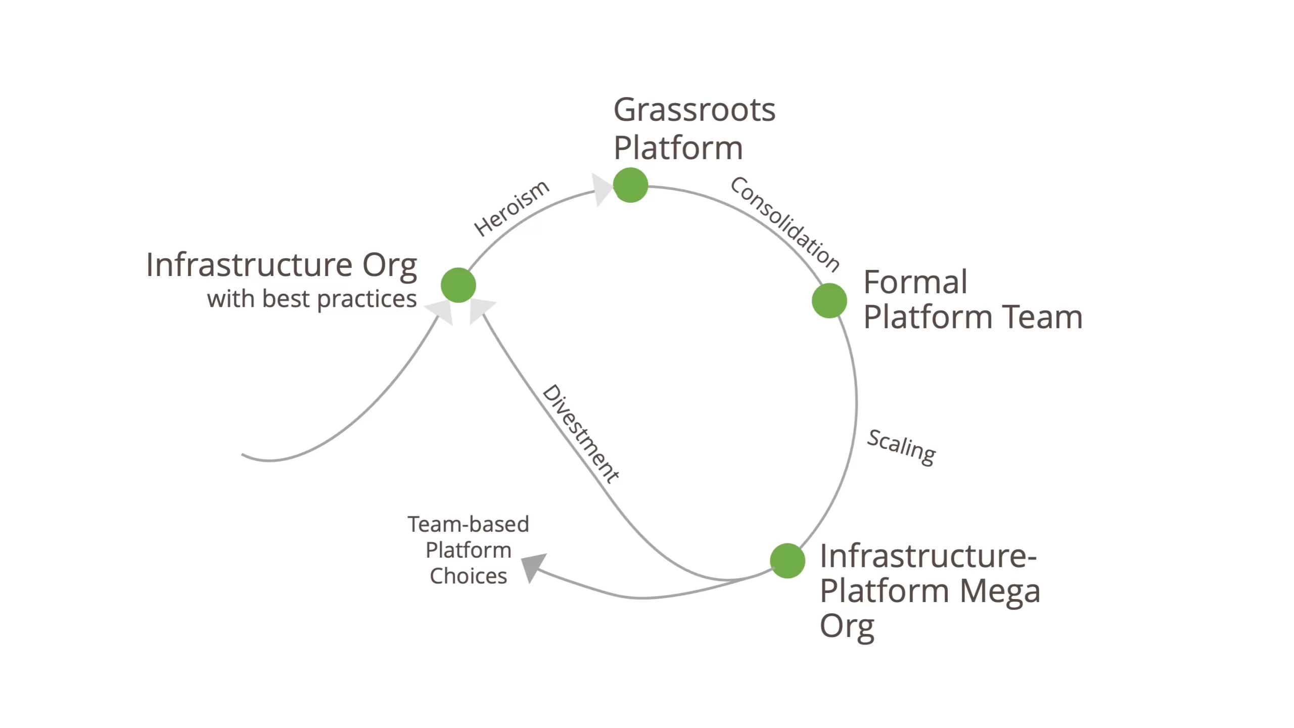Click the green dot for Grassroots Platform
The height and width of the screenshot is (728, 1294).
tap(630, 185)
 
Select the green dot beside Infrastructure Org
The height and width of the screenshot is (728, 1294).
tap(458, 285)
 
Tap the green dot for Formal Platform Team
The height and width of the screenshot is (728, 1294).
tap(829, 301)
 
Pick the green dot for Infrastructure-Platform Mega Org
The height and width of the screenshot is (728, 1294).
tap(787, 561)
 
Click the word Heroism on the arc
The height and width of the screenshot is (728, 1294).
tap(511, 208)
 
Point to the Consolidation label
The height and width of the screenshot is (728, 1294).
tap(785, 224)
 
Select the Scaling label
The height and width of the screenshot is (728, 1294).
tap(901, 447)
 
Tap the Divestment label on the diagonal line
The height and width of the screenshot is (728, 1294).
tap(581, 434)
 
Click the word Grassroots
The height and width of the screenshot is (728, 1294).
tap(694, 110)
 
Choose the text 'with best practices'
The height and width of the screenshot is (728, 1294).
tap(312, 299)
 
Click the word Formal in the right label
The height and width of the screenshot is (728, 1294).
tap(915, 282)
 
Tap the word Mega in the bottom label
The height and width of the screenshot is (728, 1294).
tap(999, 590)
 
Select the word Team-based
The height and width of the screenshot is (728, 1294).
tap(468, 524)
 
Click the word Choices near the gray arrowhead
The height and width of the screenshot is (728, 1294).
tap(468, 576)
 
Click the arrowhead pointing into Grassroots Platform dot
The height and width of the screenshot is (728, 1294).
tap(602, 189)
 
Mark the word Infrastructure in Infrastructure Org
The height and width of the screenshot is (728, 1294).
tap(249, 265)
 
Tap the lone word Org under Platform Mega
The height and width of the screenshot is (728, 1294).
tap(847, 627)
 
